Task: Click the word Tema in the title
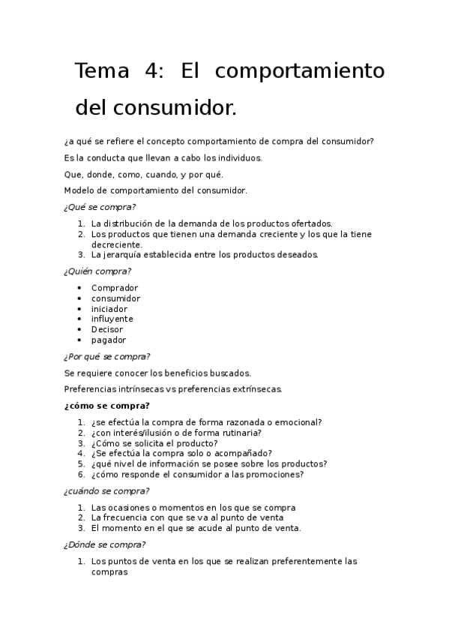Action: point(102,71)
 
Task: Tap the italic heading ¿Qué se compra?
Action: point(100,207)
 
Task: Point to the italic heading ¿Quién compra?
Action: point(97,271)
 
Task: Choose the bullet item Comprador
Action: point(115,288)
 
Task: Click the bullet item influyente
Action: point(112,319)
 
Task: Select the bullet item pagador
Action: point(109,340)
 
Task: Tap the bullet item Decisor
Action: point(107,329)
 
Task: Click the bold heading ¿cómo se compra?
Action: point(107,406)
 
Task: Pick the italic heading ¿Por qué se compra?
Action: point(107,356)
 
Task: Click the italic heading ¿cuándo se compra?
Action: point(106,491)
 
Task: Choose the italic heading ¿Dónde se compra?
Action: point(105,544)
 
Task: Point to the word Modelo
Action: point(80,190)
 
